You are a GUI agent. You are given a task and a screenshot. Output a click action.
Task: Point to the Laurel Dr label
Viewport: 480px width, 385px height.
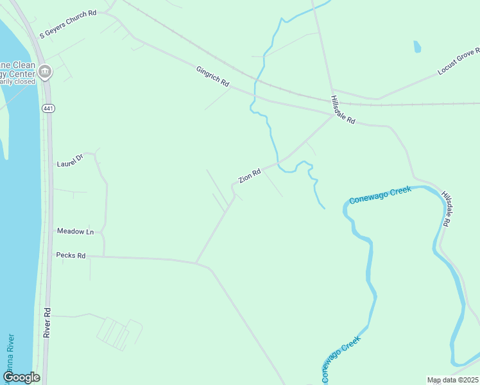click(71, 160)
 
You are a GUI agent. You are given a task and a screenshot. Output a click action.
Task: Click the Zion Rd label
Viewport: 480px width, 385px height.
click(250, 176)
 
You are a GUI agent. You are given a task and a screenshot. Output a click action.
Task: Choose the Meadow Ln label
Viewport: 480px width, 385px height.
click(76, 231)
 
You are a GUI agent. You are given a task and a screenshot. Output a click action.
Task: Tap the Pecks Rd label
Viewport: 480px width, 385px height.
click(71, 255)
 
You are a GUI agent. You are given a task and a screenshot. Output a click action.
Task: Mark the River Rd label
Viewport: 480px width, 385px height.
click(47, 321)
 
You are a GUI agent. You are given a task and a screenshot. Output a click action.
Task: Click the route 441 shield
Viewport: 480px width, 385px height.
click(49, 108)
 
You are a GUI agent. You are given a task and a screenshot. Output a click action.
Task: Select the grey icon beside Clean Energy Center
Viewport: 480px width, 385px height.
click(45, 72)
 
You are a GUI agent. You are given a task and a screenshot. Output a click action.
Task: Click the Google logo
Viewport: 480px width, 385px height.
click(21, 377)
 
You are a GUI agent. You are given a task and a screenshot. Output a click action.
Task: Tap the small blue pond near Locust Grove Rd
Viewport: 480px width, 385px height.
click(417, 46)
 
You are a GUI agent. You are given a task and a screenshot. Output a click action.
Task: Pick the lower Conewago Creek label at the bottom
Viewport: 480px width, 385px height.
click(338, 361)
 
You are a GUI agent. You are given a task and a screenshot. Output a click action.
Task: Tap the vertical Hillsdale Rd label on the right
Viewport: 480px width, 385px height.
click(447, 208)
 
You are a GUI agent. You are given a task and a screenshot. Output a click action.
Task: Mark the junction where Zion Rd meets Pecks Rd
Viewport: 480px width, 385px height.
click(196, 262)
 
